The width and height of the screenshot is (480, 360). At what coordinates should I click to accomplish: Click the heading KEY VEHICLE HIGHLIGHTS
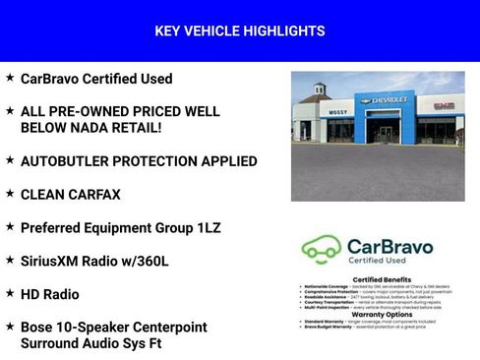click(240, 31)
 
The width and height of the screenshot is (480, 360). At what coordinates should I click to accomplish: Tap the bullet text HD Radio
click(50, 294)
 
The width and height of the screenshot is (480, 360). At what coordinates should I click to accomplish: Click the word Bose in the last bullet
click(36, 327)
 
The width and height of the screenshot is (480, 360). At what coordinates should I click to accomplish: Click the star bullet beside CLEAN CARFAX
click(10, 193)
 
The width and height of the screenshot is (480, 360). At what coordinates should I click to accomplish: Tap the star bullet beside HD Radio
click(10, 293)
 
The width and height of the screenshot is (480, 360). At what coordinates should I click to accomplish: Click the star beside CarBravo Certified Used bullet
click(10, 77)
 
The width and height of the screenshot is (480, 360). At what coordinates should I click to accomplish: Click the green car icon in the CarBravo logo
click(322, 250)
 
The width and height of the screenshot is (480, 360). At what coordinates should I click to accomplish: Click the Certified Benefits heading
click(378, 280)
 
